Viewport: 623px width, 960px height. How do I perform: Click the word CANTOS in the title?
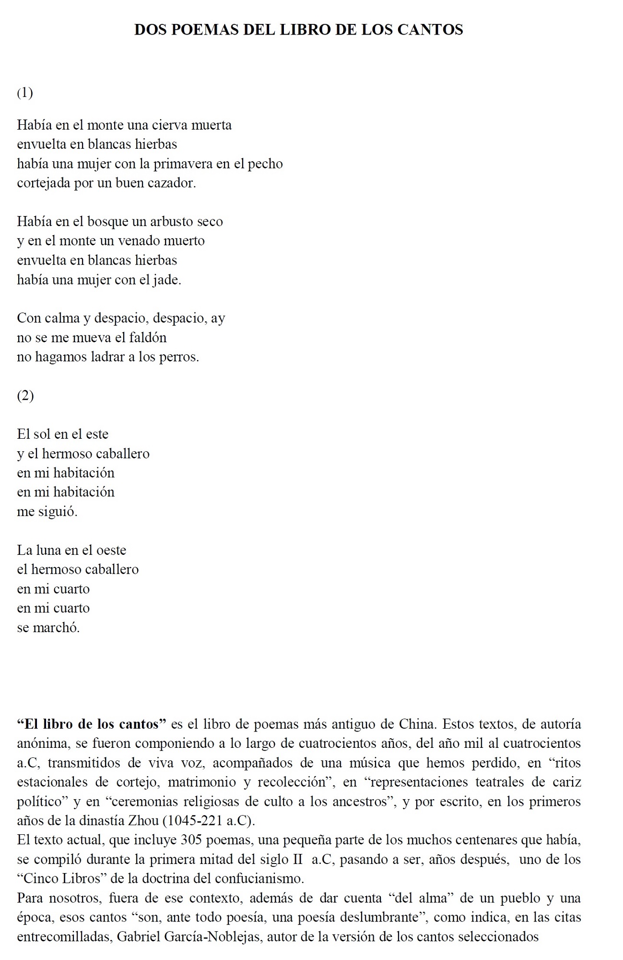pyautogui.click(x=430, y=30)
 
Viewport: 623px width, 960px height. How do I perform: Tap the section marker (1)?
pyautogui.click(x=25, y=93)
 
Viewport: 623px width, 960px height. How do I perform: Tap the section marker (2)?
pyautogui.click(x=25, y=396)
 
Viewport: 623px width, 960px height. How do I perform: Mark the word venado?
pyautogui.click(x=140, y=241)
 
